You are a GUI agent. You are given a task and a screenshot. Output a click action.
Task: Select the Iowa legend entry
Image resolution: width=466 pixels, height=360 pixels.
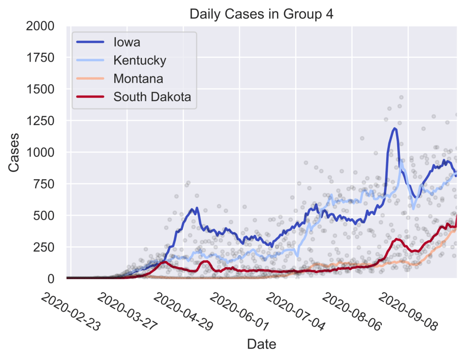pos(127,42)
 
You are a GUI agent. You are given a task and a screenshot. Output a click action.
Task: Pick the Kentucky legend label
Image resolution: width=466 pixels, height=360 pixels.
pos(139,61)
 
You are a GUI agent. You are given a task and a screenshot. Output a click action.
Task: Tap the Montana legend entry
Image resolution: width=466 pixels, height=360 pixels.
pos(138,78)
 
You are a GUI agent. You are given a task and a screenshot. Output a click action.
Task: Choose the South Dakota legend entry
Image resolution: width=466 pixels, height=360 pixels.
pos(152,96)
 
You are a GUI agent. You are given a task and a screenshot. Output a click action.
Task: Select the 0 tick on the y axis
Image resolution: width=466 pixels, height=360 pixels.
pos(55,278)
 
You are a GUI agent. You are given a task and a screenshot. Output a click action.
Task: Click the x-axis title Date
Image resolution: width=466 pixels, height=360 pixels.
pos(261,344)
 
